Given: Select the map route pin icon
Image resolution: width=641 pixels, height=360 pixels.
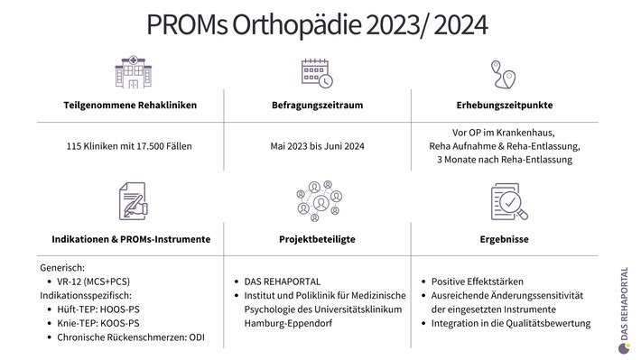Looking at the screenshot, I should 503,73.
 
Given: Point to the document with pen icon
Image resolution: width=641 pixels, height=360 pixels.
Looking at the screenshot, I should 132,200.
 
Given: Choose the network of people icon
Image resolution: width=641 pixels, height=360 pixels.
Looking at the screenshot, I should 317,200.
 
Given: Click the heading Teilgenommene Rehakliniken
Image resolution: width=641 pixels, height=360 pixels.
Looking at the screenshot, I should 131,105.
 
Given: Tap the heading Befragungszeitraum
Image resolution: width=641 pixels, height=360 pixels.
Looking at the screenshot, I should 317,105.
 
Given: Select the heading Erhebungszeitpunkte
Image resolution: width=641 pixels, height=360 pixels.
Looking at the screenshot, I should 505,105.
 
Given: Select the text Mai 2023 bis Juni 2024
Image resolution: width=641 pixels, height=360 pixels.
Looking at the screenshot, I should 317,145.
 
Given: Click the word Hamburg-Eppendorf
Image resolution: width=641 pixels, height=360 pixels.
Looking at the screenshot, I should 283,323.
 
